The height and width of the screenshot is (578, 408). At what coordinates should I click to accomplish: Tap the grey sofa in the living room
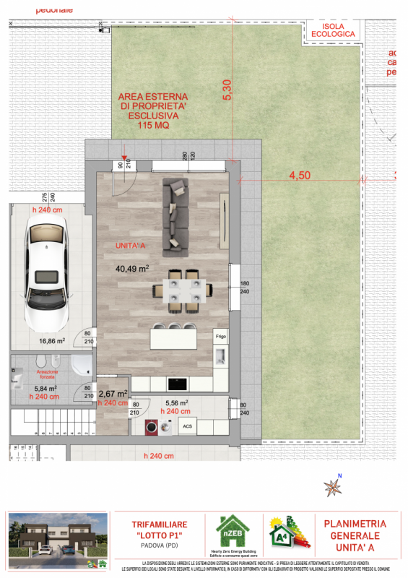tap(175, 217)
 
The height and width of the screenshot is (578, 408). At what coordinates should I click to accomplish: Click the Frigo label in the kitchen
tap(220, 337)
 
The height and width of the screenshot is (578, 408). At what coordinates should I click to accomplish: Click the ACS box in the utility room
tap(187, 426)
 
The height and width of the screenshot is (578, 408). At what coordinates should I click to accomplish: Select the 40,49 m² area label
tap(132, 267)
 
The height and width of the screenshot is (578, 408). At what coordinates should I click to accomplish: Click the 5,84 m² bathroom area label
tap(45, 387)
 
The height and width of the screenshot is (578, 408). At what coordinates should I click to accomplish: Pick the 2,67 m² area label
tap(113, 394)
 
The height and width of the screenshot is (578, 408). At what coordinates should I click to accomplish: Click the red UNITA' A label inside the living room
tap(131, 246)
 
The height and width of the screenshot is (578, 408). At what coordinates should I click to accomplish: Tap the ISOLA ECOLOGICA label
tap(333, 30)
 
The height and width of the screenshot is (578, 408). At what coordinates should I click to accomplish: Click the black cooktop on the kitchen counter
tap(176, 383)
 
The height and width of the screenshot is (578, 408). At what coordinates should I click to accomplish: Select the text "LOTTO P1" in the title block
tap(159, 535)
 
